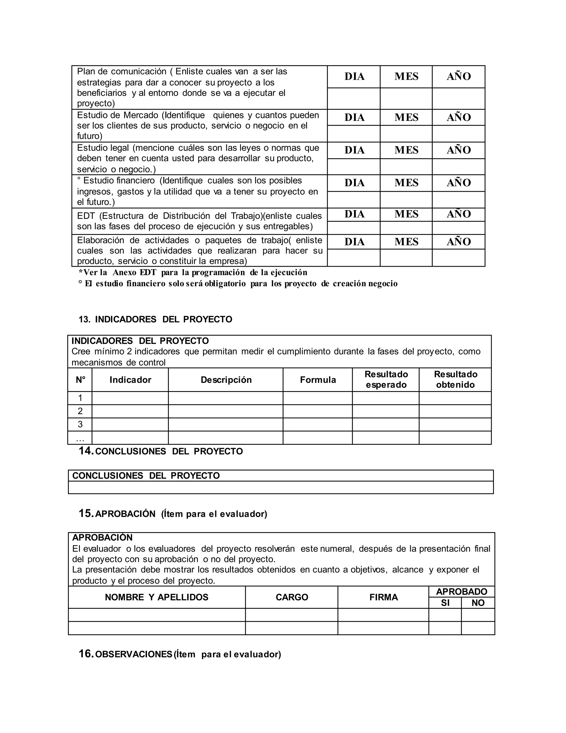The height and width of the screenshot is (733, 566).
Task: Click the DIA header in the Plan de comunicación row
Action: click(354, 77)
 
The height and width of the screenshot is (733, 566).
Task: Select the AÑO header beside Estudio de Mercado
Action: click(458, 118)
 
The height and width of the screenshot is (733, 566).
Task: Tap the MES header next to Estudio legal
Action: click(406, 150)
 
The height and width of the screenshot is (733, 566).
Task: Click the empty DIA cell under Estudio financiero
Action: click(354, 200)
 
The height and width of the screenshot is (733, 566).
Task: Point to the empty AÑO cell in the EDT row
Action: click(458, 228)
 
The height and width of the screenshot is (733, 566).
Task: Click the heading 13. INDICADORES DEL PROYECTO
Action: click(155, 319)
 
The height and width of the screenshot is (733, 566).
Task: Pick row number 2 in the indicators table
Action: click(80, 411)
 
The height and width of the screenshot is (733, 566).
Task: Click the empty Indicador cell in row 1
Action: click(130, 398)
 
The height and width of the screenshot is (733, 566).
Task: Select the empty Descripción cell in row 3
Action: click(226, 424)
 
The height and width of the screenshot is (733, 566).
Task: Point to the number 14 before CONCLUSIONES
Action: click(86, 451)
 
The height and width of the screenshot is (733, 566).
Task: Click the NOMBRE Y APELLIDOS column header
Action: click(157, 597)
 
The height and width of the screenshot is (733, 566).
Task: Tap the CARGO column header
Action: click(292, 597)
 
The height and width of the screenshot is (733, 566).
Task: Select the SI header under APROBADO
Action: click(445, 603)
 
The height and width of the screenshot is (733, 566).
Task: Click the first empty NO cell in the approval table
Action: click(478, 615)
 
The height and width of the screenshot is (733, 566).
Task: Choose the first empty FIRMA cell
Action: click(383, 615)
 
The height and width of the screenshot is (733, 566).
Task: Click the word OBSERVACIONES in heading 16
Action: click(134, 654)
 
